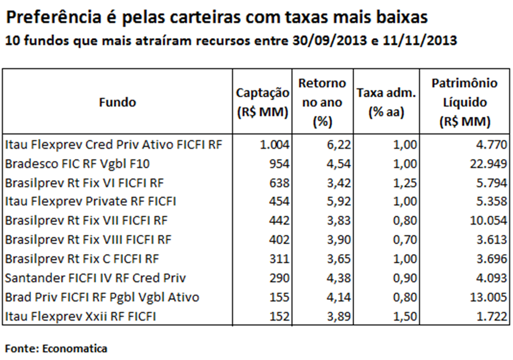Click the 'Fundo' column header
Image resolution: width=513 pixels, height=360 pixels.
117,102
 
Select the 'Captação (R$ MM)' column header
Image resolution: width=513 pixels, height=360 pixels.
263,102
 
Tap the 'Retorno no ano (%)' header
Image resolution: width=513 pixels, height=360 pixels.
322,102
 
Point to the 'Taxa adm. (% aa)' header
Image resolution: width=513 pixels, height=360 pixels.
386,102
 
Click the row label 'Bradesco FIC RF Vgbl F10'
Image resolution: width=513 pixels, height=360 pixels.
78,163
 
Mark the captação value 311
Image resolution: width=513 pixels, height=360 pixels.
280,259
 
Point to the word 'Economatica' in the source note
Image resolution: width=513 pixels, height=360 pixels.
75,348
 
